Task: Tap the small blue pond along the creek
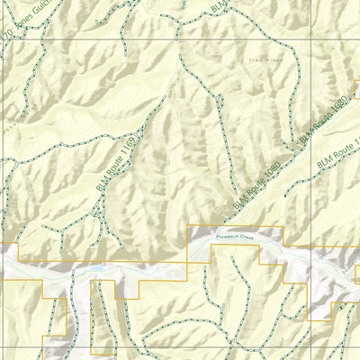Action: click(93, 268)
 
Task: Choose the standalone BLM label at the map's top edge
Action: click(219, 7)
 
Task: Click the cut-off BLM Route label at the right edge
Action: click(338, 151)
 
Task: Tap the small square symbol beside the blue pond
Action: click(103, 264)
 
